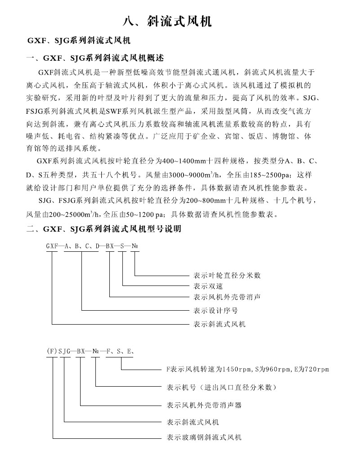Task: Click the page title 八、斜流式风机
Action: click(x=167, y=22)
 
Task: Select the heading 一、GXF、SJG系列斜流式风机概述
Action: click(x=95, y=58)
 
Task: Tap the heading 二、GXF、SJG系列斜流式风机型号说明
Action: click(x=104, y=229)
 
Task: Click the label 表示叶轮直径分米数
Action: click(x=227, y=275)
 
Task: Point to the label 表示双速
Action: click(x=208, y=286)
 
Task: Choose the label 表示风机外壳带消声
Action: click(x=227, y=297)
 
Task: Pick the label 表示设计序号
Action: click(x=216, y=310)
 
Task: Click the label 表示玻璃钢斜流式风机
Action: click(x=204, y=437)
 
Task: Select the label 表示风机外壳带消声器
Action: click(x=204, y=405)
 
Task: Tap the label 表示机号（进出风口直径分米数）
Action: click(x=221, y=387)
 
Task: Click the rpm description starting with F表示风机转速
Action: click(x=247, y=370)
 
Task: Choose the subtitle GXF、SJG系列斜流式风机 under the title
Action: click(x=79, y=41)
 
